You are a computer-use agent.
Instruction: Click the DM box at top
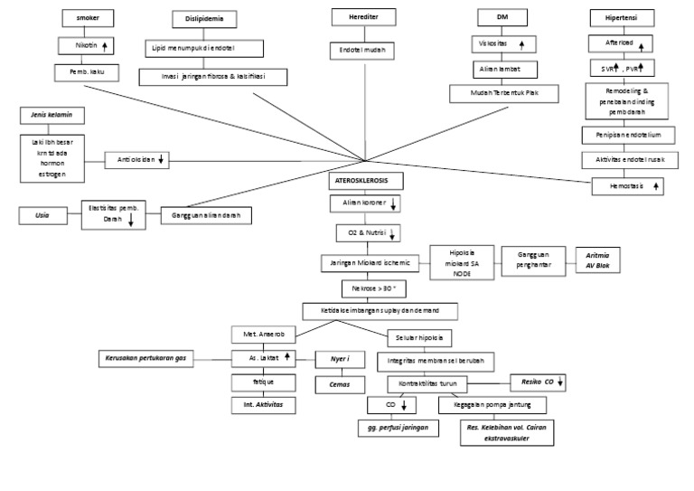click(x=502, y=17)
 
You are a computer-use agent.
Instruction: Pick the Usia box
click(x=42, y=215)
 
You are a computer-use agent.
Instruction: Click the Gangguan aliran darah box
click(x=207, y=216)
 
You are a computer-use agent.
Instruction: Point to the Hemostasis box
click(x=627, y=187)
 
